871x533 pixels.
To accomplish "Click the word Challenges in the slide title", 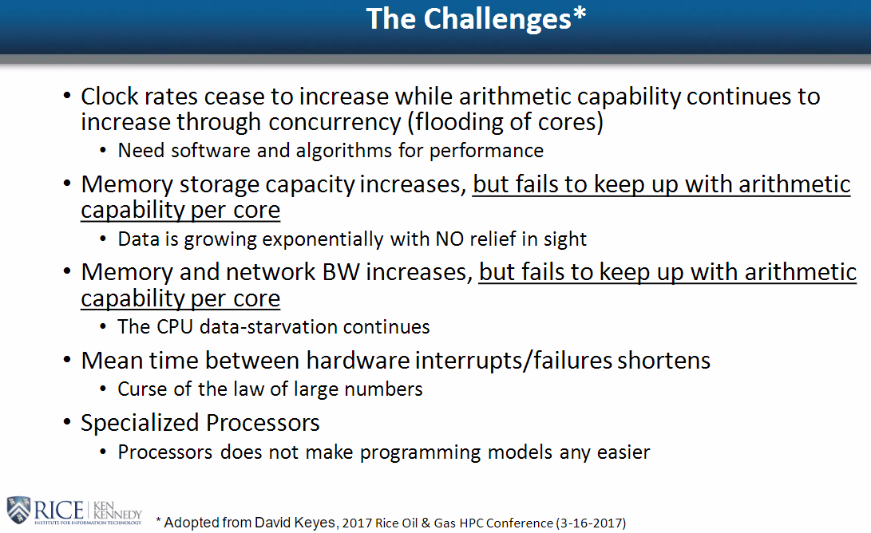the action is click(497, 20).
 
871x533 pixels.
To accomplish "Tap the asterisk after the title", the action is click(580, 14).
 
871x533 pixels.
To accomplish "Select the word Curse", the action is click(143, 389).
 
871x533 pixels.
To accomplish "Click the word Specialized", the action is click(139, 423).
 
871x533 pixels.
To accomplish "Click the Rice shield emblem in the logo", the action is click(18, 510).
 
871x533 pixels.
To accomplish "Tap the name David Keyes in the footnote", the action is click(295, 523).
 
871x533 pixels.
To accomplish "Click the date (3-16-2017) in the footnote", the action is click(592, 523).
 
